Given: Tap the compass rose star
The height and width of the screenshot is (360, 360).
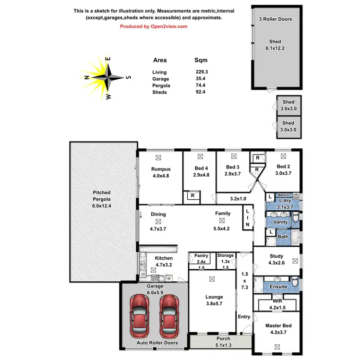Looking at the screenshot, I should coord(108,77).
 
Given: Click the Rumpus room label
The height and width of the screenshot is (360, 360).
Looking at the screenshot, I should coord(160,169).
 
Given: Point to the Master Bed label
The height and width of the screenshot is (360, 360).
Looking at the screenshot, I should coord(278,326).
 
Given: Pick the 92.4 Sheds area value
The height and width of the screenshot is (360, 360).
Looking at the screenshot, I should coord(201,92).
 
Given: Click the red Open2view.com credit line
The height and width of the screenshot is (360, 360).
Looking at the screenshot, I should coord(154,26).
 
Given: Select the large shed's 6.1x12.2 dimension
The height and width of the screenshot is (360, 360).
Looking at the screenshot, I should coord(275,48).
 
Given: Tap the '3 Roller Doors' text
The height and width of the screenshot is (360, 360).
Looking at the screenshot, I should coord(275,19).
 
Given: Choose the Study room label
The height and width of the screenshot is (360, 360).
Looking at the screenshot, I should coord(276,256).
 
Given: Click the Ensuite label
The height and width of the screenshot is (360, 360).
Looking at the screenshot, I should coord(278,287).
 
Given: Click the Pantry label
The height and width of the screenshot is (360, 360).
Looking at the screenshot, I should coord(201,255).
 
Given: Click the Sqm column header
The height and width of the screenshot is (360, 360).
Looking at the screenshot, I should coord(200,60).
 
